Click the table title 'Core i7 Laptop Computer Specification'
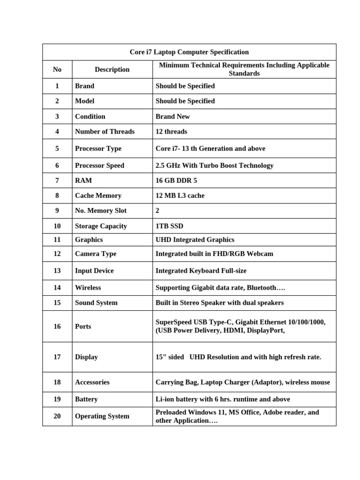click(x=189, y=52)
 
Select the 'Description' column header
click(x=112, y=69)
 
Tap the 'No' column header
click(x=57, y=69)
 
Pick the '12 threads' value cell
click(x=171, y=131)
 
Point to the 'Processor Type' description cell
click(x=98, y=148)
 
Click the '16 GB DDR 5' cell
click(x=176, y=180)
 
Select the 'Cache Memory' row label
click(x=98, y=195)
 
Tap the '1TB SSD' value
click(x=169, y=226)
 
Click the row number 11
click(x=57, y=240)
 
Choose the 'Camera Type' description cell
click(x=96, y=254)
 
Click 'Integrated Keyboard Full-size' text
click(x=201, y=270)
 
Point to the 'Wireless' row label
click(x=88, y=287)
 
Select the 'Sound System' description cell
click(x=96, y=302)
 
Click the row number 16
click(x=57, y=326)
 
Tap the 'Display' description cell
click(x=86, y=357)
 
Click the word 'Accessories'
click(x=92, y=382)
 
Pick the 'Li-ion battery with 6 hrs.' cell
click(x=223, y=399)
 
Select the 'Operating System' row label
click(x=102, y=416)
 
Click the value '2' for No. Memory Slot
click(x=157, y=210)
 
